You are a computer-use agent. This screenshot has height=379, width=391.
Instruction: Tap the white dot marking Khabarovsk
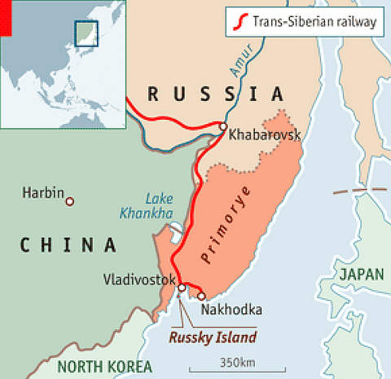(222, 126)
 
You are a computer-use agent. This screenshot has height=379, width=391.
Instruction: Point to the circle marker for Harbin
(70, 201)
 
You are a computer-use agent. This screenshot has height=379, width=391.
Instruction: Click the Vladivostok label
(139, 280)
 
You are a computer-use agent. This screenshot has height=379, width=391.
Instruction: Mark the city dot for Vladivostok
(181, 287)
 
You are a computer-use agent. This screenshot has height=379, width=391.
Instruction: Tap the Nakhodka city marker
(201, 296)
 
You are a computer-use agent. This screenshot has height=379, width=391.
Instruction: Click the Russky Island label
(213, 337)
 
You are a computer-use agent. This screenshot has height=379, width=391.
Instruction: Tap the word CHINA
(68, 244)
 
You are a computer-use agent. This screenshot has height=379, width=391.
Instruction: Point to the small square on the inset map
(86, 33)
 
